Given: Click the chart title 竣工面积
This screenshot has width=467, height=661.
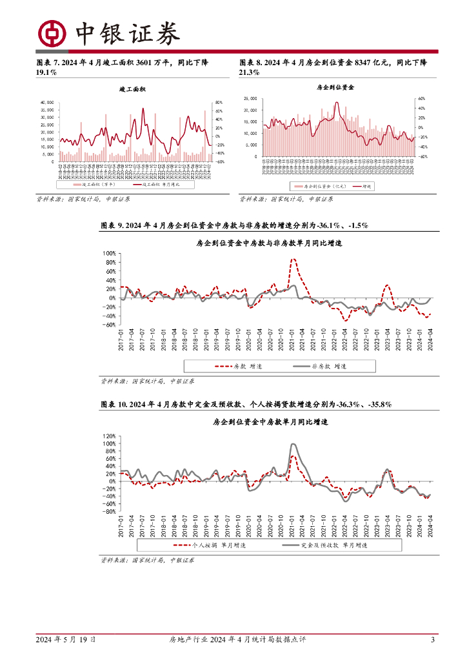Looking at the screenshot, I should click(133, 88).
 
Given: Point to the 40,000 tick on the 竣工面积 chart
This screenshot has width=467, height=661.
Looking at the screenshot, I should click(46, 103).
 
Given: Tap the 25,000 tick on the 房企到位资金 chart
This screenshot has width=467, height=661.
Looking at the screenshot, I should click(250, 99).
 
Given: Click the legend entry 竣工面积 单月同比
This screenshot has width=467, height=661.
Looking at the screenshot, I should click(156, 184).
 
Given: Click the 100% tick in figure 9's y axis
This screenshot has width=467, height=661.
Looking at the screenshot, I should click(108, 254).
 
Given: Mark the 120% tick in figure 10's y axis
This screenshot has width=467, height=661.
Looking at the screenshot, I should click(108, 436).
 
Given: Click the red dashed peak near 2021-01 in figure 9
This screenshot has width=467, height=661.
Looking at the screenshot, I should click(293, 259).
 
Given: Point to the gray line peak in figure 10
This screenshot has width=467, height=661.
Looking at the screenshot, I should click(293, 444).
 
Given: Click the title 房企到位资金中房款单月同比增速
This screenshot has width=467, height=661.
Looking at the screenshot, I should click(270, 422).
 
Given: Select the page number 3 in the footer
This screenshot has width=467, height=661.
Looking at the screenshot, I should click(432, 640).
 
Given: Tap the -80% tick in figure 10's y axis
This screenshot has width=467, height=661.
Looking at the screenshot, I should click(108, 511).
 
